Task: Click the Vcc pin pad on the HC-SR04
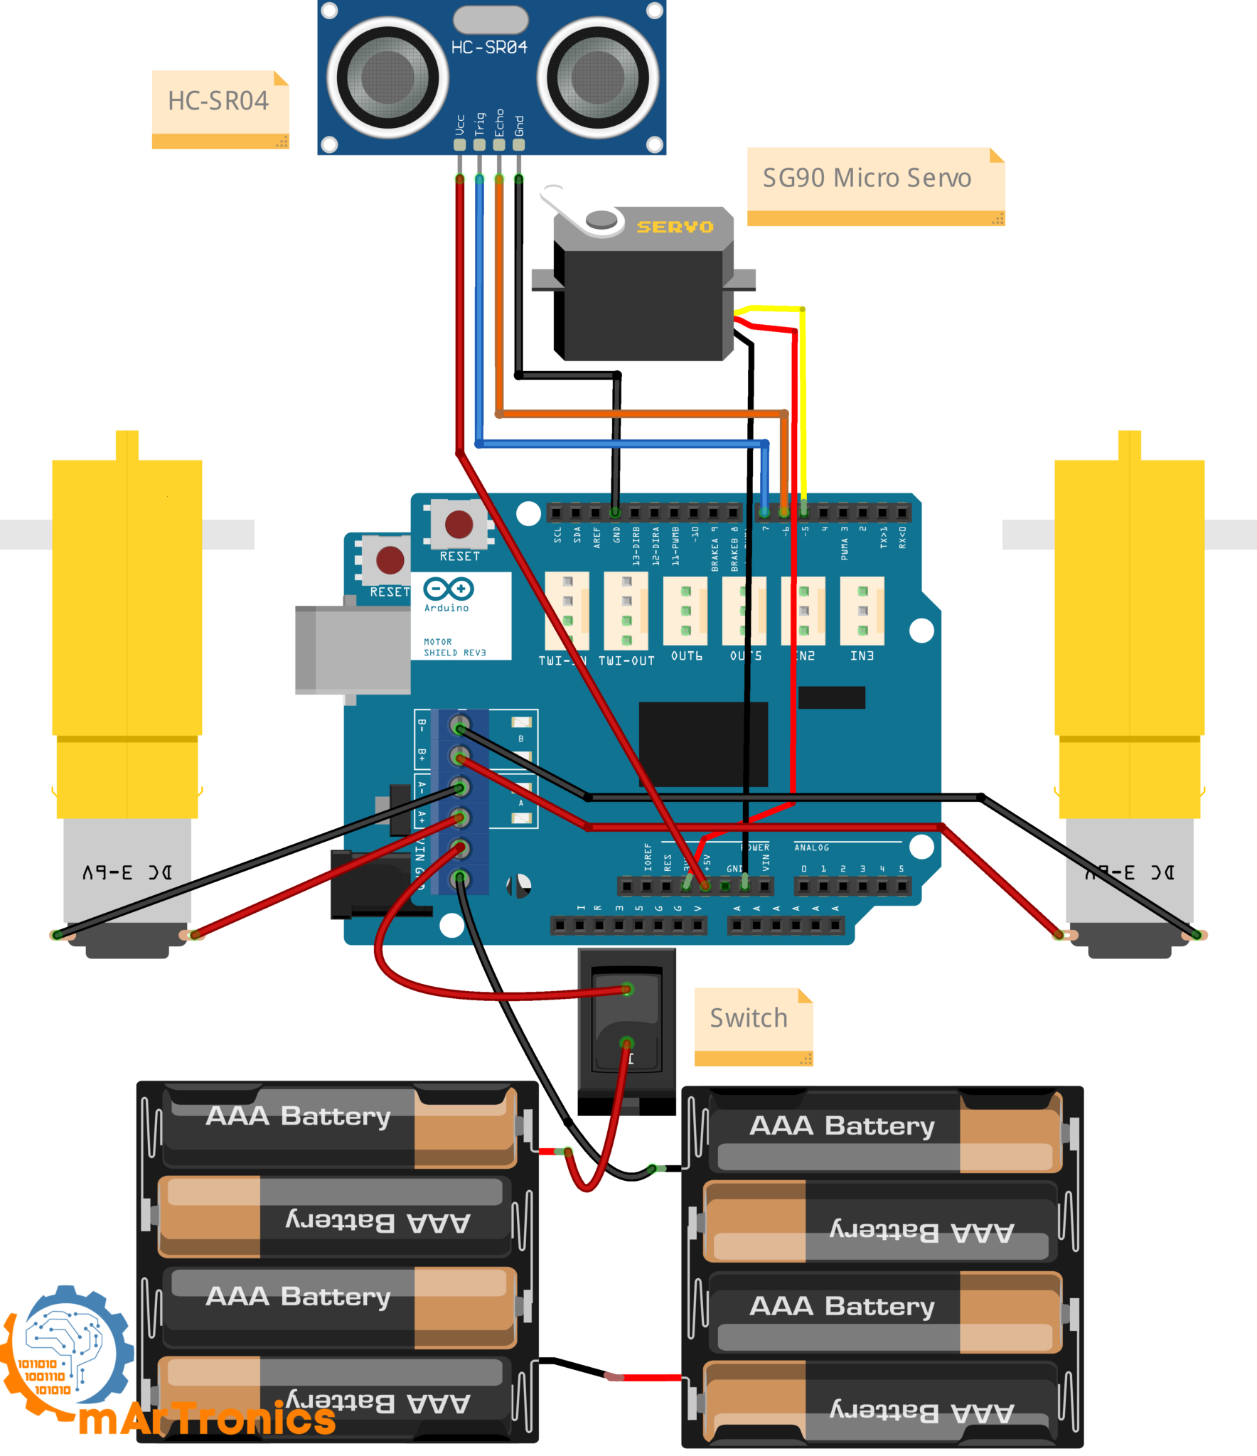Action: pos(459,145)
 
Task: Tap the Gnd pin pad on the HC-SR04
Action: pos(518,145)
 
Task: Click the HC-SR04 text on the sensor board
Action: pos(489,48)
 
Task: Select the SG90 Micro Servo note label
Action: pos(867,178)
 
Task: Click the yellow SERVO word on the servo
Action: pos(674,227)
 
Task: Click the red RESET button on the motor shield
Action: pos(459,525)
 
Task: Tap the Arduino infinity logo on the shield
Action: pos(448,589)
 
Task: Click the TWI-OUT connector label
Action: pos(626,660)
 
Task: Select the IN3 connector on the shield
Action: pos(862,611)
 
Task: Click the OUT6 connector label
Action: pos(686,655)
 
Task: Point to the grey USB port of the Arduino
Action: pos(352,649)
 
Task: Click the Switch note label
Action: pos(749,1019)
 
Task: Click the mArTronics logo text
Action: pos(206,1419)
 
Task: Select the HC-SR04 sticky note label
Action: pos(219,102)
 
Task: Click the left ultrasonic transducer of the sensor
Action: pos(387,77)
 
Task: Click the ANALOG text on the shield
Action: pos(811,847)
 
